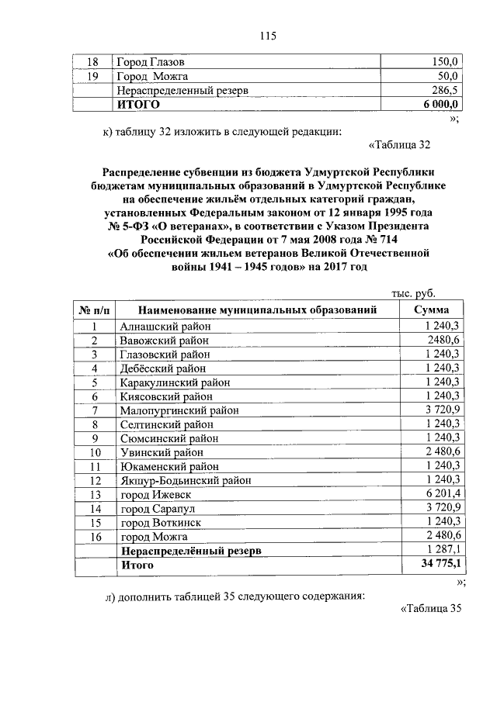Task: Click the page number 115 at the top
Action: click(x=269, y=35)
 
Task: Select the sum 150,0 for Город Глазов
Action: click(x=446, y=61)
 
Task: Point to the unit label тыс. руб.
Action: click(x=412, y=293)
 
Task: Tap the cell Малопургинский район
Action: click(x=179, y=410)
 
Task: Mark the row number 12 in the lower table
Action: click(x=96, y=480)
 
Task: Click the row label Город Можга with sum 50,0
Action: click(x=153, y=76)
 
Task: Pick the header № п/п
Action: click(x=96, y=310)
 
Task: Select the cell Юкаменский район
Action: click(x=169, y=466)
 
